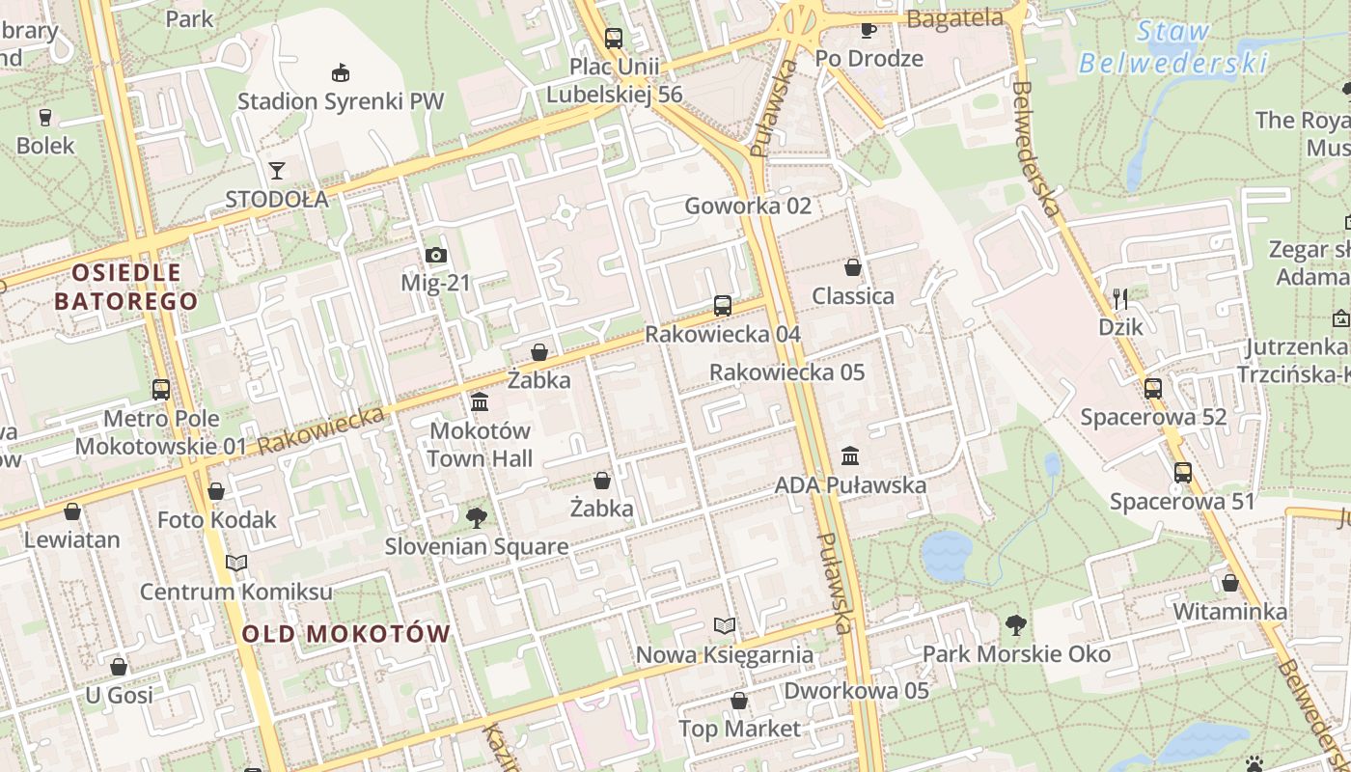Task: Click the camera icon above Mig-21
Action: click(436, 256)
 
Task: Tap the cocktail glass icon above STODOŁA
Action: click(277, 171)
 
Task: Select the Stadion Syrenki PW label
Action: click(341, 100)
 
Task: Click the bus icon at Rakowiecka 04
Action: click(722, 306)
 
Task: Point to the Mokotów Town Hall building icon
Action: click(480, 401)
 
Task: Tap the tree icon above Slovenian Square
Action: click(476, 518)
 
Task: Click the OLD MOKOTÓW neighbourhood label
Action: click(346, 634)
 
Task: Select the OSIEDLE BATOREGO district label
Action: click(125, 287)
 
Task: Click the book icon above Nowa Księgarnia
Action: click(725, 626)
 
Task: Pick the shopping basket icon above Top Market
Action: click(739, 701)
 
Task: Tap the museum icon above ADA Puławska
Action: click(850, 455)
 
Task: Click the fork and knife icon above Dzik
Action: click(1120, 298)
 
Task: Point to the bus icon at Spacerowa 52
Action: click(1153, 389)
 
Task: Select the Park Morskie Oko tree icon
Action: click(1015, 625)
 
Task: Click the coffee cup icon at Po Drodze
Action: click(868, 29)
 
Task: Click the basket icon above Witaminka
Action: click(1229, 583)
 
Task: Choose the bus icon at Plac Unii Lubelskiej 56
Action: click(614, 39)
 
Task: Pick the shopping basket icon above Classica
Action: click(852, 266)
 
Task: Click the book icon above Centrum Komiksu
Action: click(236, 563)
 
